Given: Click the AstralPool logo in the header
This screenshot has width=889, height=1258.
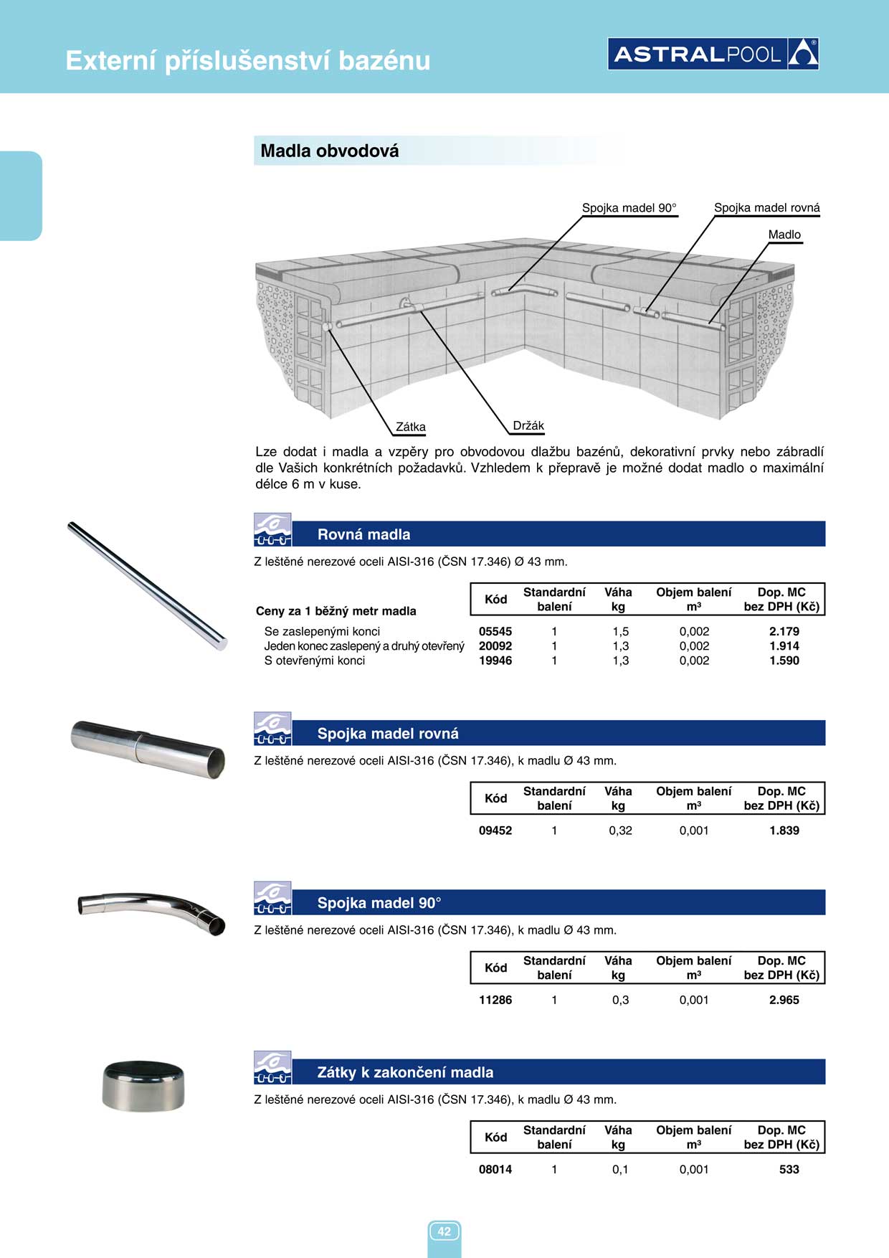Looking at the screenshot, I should [x=713, y=54].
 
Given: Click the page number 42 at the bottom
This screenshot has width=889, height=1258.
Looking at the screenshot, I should [x=444, y=1231].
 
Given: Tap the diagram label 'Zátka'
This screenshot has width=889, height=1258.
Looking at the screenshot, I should [x=411, y=427].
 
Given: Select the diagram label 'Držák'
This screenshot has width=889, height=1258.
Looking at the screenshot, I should [x=528, y=425].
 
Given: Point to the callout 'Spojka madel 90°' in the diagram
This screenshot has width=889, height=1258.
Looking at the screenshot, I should [x=629, y=208].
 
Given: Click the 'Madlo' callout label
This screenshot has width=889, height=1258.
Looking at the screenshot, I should [x=784, y=235].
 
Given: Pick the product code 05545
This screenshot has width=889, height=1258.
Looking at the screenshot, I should [x=495, y=631].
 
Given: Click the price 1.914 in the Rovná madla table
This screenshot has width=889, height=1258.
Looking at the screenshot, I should [x=784, y=645].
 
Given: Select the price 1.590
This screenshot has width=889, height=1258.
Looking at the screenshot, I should [x=784, y=661].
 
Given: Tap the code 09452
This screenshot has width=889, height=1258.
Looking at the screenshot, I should [x=495, y=831].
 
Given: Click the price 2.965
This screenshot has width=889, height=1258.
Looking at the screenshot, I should [x=784, y=1000].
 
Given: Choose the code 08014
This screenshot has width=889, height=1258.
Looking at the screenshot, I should [x=495, y=1169].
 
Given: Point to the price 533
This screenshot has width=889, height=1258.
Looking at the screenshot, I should [x=789, y=1169].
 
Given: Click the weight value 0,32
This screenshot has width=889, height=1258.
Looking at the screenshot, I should [x=620, y=831].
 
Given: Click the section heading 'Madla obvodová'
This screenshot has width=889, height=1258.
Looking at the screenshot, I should [x=330, y=151].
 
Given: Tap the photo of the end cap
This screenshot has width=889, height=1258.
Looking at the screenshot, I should [x=143, y=1084].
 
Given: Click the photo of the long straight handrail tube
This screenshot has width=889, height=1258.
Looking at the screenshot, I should [x=147, y=586].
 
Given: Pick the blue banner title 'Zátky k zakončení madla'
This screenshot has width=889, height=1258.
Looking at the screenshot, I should [x=405, y=1072].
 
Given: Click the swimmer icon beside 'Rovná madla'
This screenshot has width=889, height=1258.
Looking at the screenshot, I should [x=272, y=530].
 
